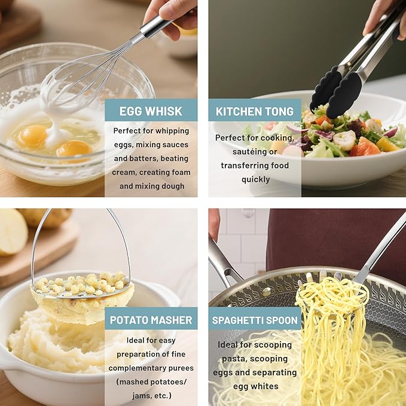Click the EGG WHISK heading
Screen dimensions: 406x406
[x=151, y=111]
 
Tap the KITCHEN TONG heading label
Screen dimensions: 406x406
[x=255, y=111]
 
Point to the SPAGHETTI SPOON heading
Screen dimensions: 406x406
[x=255, y=319]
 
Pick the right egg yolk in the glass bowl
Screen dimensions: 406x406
[x=74, y=148]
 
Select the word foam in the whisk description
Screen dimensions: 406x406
[x=179, y=172]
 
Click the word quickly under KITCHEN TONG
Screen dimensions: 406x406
[x=255, y=179]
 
